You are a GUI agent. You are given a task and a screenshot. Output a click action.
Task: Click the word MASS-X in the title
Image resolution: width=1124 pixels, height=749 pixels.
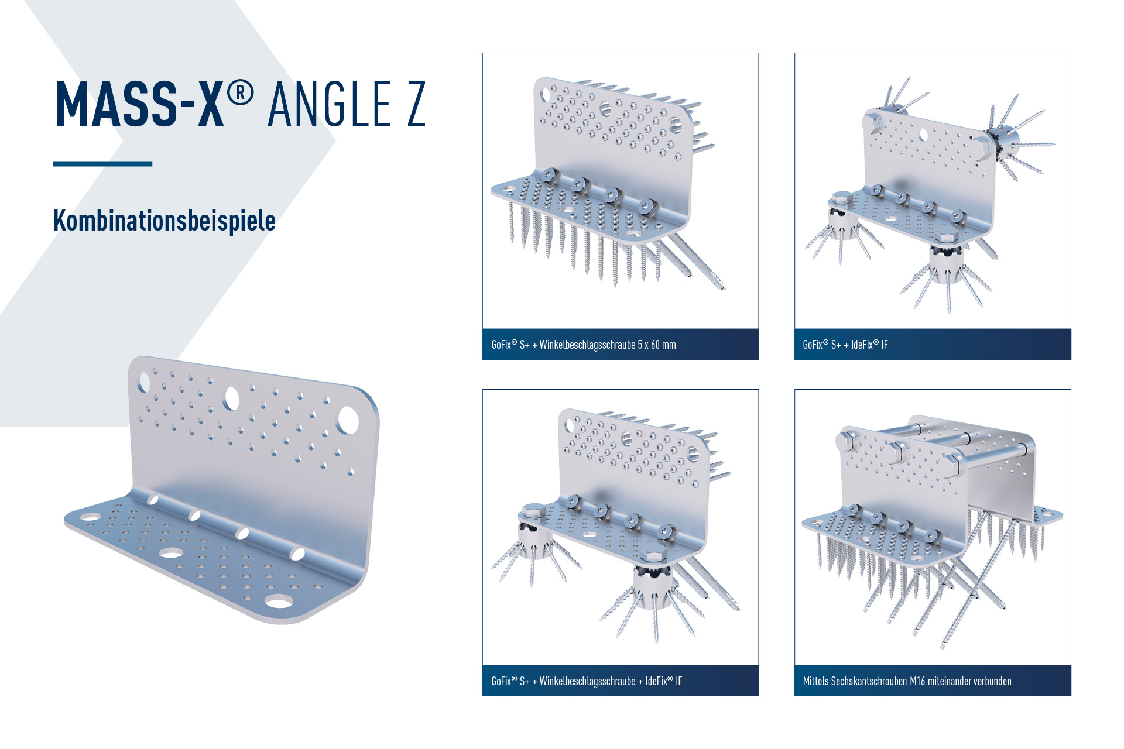(140, 104)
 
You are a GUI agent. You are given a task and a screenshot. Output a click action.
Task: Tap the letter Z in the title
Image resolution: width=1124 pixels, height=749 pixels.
(416, 104)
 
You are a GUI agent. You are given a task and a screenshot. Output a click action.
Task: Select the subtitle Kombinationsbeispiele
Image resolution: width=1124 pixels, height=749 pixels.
(165, 221)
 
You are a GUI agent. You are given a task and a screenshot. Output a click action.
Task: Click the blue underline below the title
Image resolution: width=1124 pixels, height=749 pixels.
(102, 164)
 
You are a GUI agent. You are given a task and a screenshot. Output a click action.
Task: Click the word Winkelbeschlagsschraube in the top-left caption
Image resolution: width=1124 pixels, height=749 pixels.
(587, 345)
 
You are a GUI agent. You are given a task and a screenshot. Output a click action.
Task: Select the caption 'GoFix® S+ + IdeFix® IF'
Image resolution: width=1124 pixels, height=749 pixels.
(845, 345)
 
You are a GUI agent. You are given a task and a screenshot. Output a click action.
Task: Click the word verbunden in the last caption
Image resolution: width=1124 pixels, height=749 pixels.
(991, 681)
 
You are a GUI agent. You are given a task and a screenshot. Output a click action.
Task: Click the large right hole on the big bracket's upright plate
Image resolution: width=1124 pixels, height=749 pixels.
(348, 420)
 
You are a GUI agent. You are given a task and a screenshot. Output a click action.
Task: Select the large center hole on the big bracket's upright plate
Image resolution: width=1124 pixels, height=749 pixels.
(231, 398)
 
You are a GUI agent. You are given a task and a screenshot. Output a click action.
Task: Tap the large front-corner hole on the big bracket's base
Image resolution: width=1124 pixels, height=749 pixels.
(279, 601)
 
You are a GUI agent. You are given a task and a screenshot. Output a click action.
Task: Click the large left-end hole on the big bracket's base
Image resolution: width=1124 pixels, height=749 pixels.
(90, 517)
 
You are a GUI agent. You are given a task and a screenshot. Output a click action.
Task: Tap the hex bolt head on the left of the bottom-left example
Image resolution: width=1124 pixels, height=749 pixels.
(533, 511)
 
